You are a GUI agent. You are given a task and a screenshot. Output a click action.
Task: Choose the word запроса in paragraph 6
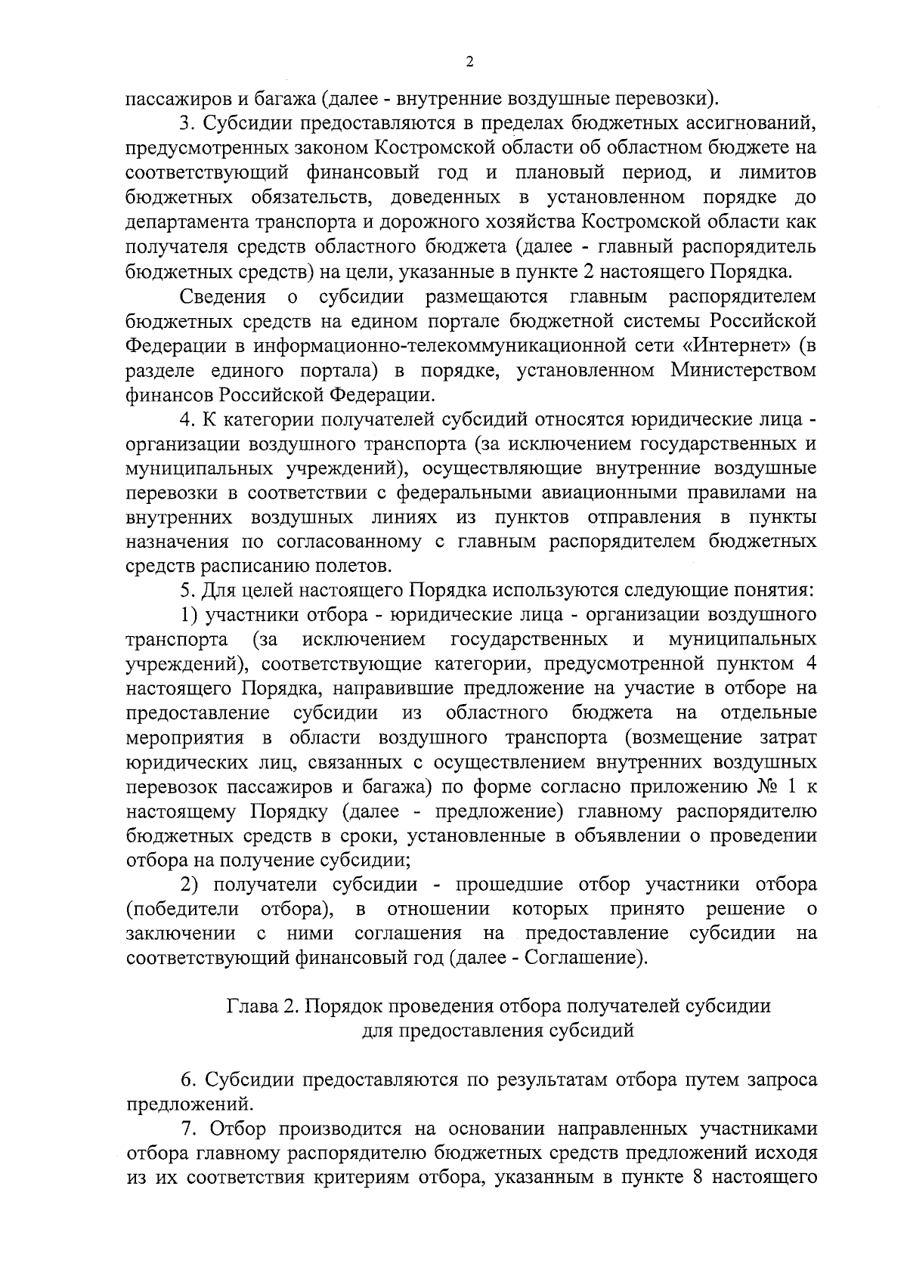click(782, 1080)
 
